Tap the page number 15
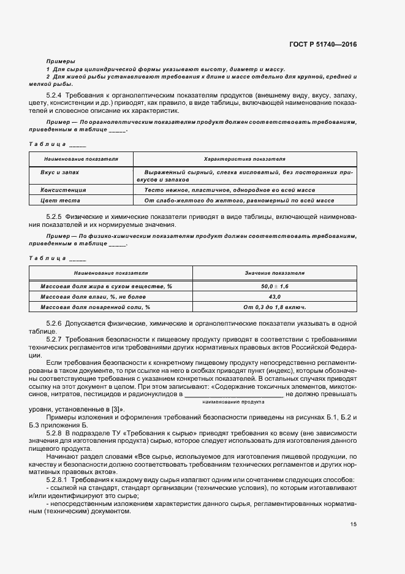pos(354,524)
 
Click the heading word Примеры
pos(61,62)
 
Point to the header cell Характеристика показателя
pos(244,158)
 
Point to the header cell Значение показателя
pos(274,272)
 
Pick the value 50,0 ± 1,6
pos(274,286)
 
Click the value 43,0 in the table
pos(274,297)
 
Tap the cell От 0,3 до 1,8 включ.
pos(274,307)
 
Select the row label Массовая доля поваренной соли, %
pos(95,307)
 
